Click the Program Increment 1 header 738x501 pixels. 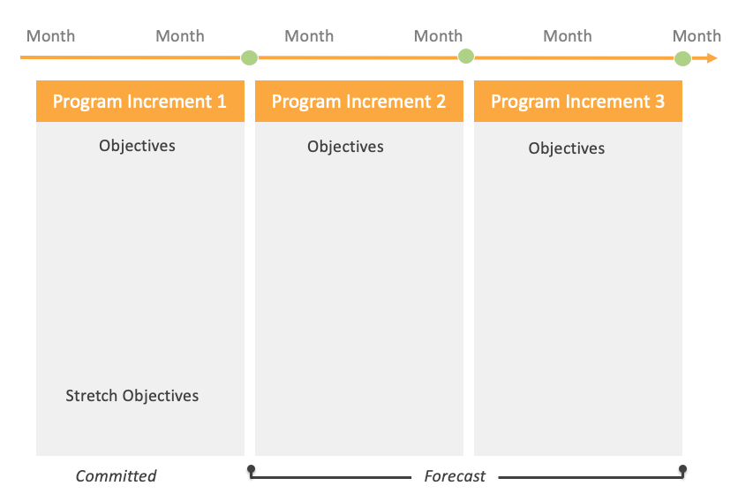point(139,102)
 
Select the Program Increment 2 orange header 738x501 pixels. point(358,102)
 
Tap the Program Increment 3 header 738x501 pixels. point(577,102)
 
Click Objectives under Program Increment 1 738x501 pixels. point(137,146)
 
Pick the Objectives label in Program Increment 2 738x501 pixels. point(345,147)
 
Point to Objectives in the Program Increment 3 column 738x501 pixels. point(567,148)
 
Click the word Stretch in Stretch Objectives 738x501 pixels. point(92,396)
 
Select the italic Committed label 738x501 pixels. point(116,476)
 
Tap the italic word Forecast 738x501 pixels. point(455,476)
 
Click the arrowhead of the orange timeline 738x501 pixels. point(712,58)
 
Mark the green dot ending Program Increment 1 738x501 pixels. point(250,58)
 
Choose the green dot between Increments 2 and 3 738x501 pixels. point(466,57)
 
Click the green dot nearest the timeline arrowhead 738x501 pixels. point(682,59)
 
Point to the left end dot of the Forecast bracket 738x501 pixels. point(251,468)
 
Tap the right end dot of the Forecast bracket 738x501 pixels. point(682,469)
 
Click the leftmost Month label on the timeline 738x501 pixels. point(50,36)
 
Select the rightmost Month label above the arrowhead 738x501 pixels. point(697,36)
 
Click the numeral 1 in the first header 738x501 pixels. point(221,102)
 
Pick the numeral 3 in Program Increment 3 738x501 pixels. point(659,102)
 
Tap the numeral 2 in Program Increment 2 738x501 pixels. point(440,102)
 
